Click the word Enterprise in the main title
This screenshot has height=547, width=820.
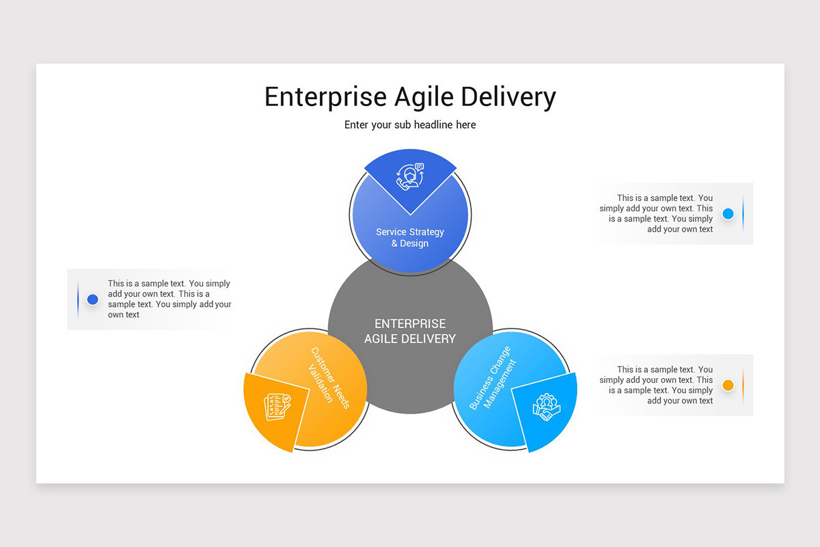tap(325, 97)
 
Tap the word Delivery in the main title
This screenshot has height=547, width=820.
tap(508, 97)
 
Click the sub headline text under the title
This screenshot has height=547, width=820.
tap(410, 125)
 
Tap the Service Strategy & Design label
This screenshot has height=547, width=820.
tap(410, 237)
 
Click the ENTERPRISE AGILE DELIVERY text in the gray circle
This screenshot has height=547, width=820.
tap(410, 331)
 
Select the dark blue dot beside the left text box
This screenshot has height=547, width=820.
tap(93, 299)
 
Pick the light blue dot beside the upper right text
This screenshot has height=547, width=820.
tap(728, 213)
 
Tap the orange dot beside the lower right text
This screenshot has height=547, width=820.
tap(728, 385)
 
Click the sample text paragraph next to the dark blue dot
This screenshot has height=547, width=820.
tap(169, 299)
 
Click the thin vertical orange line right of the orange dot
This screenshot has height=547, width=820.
tap(743, 385)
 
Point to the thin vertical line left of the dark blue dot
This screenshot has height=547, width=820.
tap(78, 299)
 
